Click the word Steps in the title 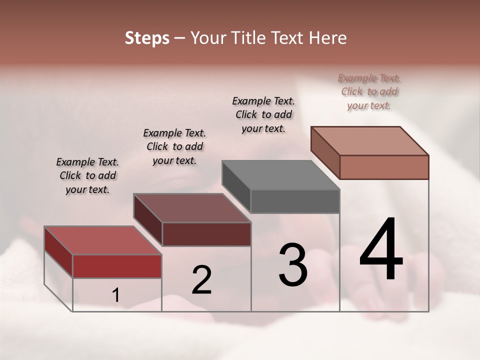coord(147,38)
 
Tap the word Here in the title coord(328,38)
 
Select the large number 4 coord(381,250)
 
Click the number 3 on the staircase coord(292,265)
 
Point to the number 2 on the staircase coord(201,280)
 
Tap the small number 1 coord(116,295)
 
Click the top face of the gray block coord(280,175)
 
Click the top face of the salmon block coord(369,140)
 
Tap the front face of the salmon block coord(384,167)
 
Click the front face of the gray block coord(295,201)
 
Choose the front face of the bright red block coord(117,266)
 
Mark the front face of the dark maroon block coord(206,234)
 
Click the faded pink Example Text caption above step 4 coord(369,91)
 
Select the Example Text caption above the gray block coord(263,114)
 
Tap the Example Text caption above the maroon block coord(174,146)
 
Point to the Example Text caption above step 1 coord(87,175)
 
